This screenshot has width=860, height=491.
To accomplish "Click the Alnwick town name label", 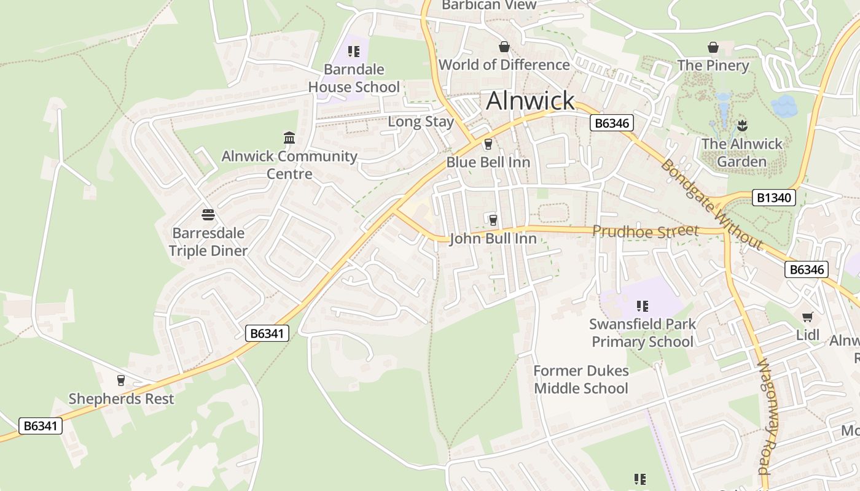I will [x=530, y=101].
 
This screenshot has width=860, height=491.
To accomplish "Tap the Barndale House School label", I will [x=354, y=79].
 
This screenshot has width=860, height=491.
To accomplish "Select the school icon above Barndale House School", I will [x=353, y=52].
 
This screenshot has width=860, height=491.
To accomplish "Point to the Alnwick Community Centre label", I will [x=289, y=164].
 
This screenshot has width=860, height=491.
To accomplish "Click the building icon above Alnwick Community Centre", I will [x=289, y=137].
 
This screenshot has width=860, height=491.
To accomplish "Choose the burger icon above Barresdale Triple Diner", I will [x=208, y=215].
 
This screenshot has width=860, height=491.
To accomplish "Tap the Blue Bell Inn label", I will [x=488, y=162].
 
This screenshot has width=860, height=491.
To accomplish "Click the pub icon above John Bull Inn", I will [x=492, y=220].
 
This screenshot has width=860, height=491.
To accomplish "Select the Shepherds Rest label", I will [x=121, y=399].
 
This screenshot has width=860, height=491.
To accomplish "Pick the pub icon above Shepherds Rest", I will [x=120, y=381].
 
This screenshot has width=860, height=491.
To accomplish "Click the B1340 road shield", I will [x=774, y=198].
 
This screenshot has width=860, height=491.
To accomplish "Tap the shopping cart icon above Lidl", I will [x=808, y=317].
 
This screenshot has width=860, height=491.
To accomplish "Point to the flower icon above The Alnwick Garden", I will [x=742, y=126].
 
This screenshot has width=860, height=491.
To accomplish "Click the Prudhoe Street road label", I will [x=646, y=231].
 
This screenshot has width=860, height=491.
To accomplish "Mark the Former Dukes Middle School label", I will [x=581, y=379].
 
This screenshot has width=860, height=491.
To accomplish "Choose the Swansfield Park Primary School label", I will [x=643, y=333].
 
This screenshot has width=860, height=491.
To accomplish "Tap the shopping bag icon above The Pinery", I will [x=713, y=47].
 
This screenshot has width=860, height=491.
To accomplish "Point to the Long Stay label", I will [x=421, y=122].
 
